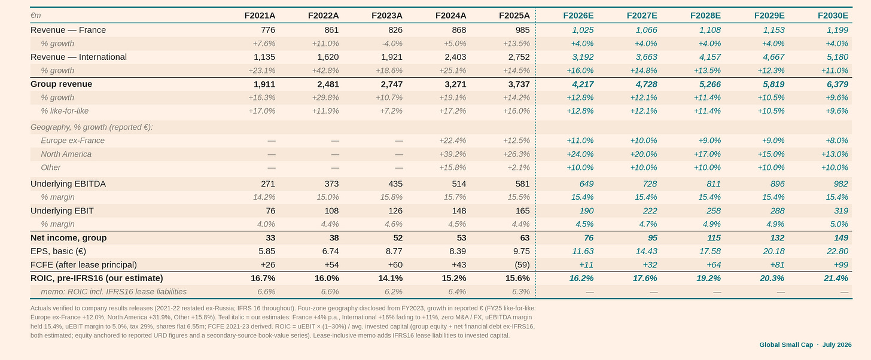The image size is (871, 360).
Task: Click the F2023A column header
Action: click(387, 16)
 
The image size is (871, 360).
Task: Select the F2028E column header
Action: click(705, 16)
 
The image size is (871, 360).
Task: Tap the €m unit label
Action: click(35, 16)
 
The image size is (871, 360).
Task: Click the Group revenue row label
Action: click(62, 84)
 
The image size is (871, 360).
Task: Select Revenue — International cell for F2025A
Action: click(519, 57)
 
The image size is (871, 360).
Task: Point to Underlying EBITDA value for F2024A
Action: click(459, 184)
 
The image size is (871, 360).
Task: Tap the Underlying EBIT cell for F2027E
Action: click(650, 210)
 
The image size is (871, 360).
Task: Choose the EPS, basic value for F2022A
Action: click(330, 252)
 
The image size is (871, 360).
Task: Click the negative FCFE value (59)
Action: click(522, 265)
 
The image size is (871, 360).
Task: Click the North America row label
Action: click(66, 154)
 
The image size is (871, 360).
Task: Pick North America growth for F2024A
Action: click(453, 154)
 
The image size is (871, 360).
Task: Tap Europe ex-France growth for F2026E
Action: click(580, 141)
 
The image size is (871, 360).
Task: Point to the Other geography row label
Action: click(50, 167)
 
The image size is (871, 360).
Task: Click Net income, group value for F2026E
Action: click(589, 238)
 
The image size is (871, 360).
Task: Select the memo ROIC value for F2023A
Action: click(392, 292)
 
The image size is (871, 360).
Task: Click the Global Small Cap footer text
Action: click(786, 345)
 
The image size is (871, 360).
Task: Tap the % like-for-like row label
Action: click(65, 111)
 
